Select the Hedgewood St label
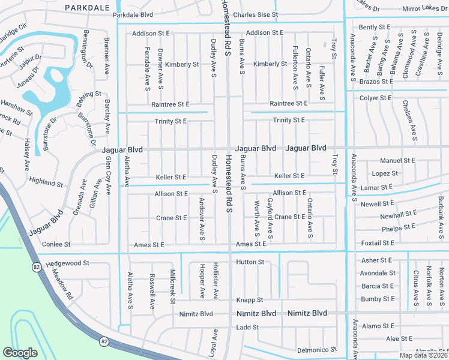pyautogui.click(x=68, y=263)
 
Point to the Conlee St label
pyautogui.click(x=56, y=244)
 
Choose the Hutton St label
pyautogui.click(x=250, y=262)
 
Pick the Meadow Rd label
pyautogui.click(x=62, y=289)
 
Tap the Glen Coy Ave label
pyautogui.click(x=109, y=176)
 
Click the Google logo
pyautogui.click(x=20, y=353)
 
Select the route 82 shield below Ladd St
pyautogui.click(x=104, y=341)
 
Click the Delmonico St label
pyautogui.click(x=318, y=350)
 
